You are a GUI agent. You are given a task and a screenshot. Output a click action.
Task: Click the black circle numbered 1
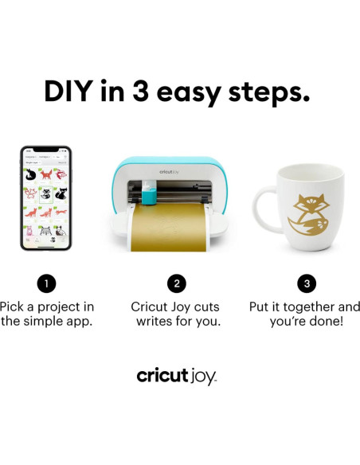point(47,282)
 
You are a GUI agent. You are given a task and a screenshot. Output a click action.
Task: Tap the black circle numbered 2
point(176,282)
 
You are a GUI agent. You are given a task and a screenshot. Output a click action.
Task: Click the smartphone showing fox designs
point(46,198)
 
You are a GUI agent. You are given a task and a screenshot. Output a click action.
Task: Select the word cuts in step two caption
point(205,307)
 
